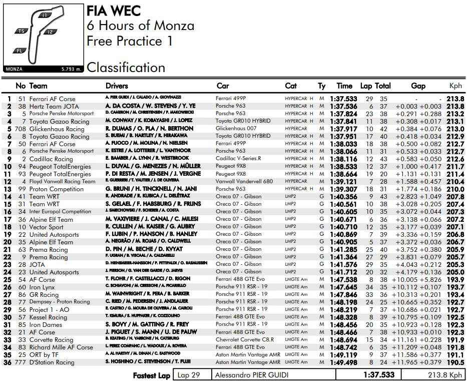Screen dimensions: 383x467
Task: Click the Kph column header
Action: pos(455,86)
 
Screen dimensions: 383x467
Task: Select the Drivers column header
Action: pos(117,86)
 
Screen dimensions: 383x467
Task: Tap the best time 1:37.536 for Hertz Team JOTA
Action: pos(343,106)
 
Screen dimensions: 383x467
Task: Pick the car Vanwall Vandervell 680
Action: pos(244,181)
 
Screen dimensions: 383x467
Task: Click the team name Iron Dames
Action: pos(47,324)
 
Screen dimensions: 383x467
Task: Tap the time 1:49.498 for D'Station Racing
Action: pos(343,362)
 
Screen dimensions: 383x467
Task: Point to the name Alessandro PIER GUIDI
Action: pos(252,375)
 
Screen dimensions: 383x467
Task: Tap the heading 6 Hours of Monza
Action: pos(140,26)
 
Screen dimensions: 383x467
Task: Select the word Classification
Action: pos(126,68)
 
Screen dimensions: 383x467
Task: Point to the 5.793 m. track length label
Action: pos(71,69)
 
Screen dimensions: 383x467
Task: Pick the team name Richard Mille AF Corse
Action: pos(61,347)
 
